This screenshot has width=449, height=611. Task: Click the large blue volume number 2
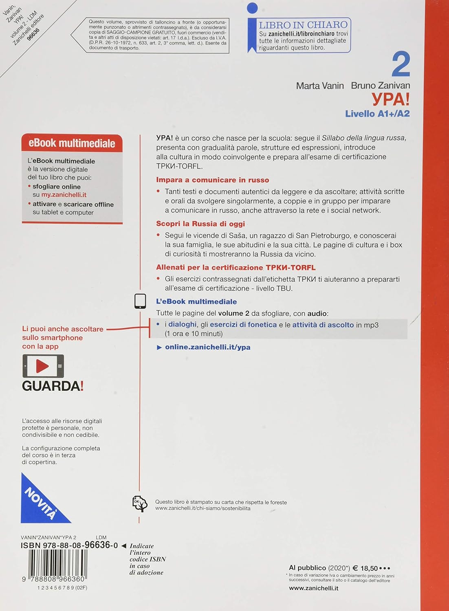tap(401, 65)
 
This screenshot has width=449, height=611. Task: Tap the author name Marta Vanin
tap(320, 86)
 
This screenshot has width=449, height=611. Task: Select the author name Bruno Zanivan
tap(380, 86)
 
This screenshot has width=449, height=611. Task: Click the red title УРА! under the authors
tap(390, 99)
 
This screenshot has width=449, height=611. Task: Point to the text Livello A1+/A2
tap(377, 114)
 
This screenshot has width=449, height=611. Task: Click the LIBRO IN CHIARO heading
tap(303, 25)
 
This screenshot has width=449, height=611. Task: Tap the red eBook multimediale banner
tap(72, 143)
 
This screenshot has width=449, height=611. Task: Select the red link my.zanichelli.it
tap(64, 195)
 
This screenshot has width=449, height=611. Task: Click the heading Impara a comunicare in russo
tap(213, 180)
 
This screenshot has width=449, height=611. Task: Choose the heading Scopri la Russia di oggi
tap(200, 224)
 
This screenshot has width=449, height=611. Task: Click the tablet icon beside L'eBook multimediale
tap(140, 301)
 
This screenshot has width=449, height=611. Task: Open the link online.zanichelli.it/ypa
tap(207, 347)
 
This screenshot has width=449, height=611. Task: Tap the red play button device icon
tap(43, 366)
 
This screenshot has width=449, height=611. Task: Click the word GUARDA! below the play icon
tap(53, 386)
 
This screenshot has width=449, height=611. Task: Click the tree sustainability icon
tap(140, 504)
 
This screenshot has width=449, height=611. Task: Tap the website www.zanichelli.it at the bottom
tap(313, 588)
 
